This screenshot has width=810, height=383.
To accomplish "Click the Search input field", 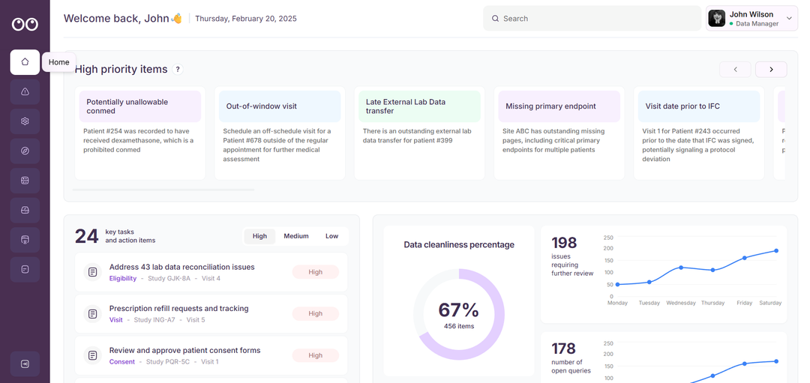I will point(592,19).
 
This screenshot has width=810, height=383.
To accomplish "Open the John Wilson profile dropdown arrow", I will point(789,18).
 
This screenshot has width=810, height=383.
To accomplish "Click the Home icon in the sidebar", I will point(25,62).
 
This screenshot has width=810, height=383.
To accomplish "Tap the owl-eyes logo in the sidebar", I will point(25,24).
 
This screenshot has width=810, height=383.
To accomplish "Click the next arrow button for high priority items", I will point(770,70).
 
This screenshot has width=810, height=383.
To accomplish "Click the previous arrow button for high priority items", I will point(735,70).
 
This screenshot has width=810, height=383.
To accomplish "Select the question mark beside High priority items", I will point(178,70).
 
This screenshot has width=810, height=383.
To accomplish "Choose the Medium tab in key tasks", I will point(295,236).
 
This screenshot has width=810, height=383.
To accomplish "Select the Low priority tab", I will point(331,236).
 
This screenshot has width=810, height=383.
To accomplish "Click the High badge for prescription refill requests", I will point(315,314).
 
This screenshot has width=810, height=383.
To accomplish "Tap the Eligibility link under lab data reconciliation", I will point(123,279).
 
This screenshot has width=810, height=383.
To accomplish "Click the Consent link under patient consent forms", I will point(122,362).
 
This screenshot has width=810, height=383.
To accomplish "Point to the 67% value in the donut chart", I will point(459,310).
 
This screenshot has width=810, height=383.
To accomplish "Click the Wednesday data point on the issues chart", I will point(681,268).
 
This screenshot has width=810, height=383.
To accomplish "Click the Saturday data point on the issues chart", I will point(776,251).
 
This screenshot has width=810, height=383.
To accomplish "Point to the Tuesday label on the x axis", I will point(649,303).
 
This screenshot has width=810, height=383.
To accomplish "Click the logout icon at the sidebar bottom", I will point(25,364).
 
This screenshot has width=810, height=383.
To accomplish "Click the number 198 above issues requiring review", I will point(564,243).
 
